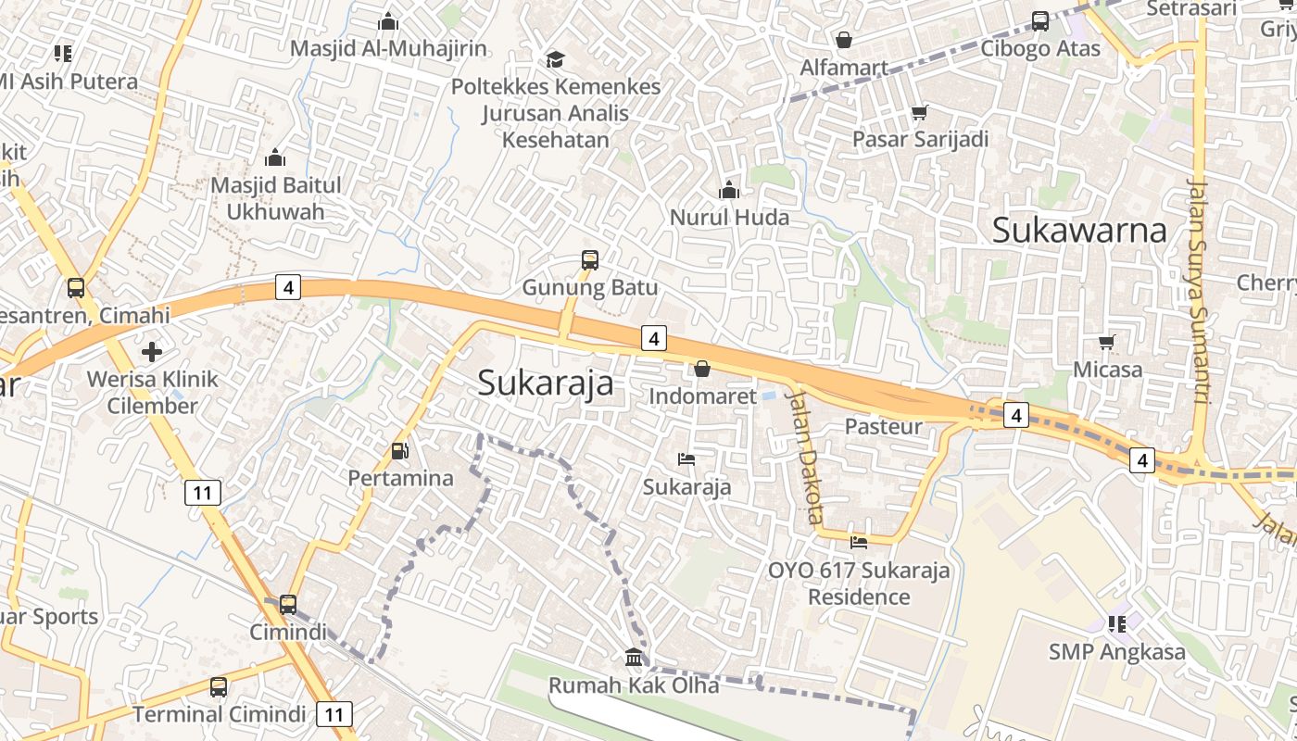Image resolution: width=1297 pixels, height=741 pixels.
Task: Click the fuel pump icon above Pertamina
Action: tap(400, 451)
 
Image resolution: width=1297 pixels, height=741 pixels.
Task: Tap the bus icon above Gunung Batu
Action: tap(590, 260)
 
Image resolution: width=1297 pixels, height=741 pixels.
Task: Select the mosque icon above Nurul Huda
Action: tap(729, 190)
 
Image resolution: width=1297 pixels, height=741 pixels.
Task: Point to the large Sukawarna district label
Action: tap(1078, 230)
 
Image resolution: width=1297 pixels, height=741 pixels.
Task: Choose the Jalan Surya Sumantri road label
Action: tap(1198, 291)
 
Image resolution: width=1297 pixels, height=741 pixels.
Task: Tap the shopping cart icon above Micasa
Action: tap(1106, 342)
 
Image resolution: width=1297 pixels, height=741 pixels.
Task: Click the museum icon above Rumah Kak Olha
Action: tap(635, 658)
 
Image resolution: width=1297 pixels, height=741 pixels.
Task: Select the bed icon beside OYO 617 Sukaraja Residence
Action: tap(859, 542)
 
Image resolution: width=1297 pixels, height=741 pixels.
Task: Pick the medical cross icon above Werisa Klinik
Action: tap(152, 352)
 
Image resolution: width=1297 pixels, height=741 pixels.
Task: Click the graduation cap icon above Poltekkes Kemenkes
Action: tap(555, 59)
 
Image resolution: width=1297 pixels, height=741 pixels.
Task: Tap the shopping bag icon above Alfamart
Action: tap(843, 40)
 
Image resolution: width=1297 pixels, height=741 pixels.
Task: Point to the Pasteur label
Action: tap(883, 426)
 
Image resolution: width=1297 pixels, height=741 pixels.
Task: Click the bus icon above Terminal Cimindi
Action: tap(219, 686)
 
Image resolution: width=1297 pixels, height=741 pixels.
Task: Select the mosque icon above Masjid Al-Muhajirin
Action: tap(388, 20)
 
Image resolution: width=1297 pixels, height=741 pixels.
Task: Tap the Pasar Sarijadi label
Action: tap(920, 139)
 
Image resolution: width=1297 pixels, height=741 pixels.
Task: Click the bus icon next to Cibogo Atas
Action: tap(1040, 20)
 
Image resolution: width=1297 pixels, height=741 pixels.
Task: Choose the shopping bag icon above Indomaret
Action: tap(702, 369)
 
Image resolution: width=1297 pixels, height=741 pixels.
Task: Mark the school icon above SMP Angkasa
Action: tap(1116, 623)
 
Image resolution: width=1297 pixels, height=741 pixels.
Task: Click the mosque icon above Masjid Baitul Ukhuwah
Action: tap(275, 157)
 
